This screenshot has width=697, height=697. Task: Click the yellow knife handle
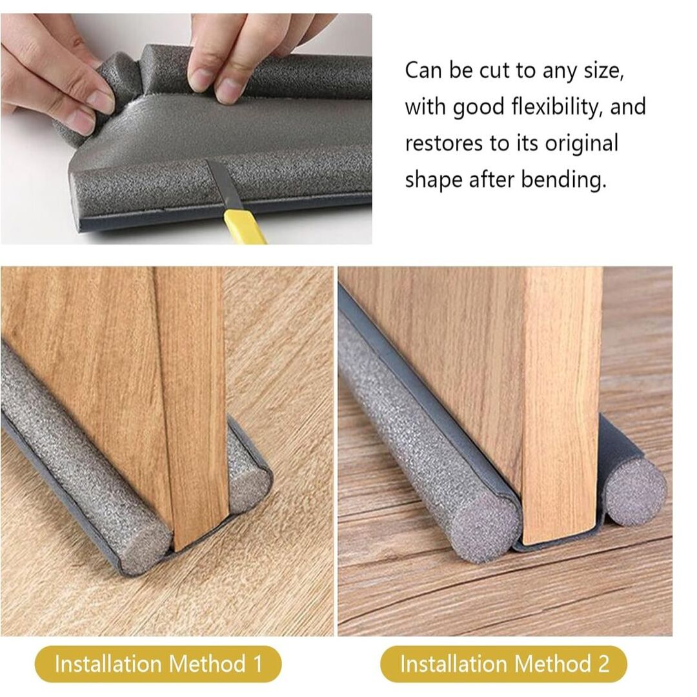243,227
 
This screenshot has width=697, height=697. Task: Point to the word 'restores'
444,144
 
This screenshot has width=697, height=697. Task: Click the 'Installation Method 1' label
158,664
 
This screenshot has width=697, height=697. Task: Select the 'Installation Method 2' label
503,664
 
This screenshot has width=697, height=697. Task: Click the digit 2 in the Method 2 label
603,664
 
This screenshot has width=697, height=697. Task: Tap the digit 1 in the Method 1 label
258,664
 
